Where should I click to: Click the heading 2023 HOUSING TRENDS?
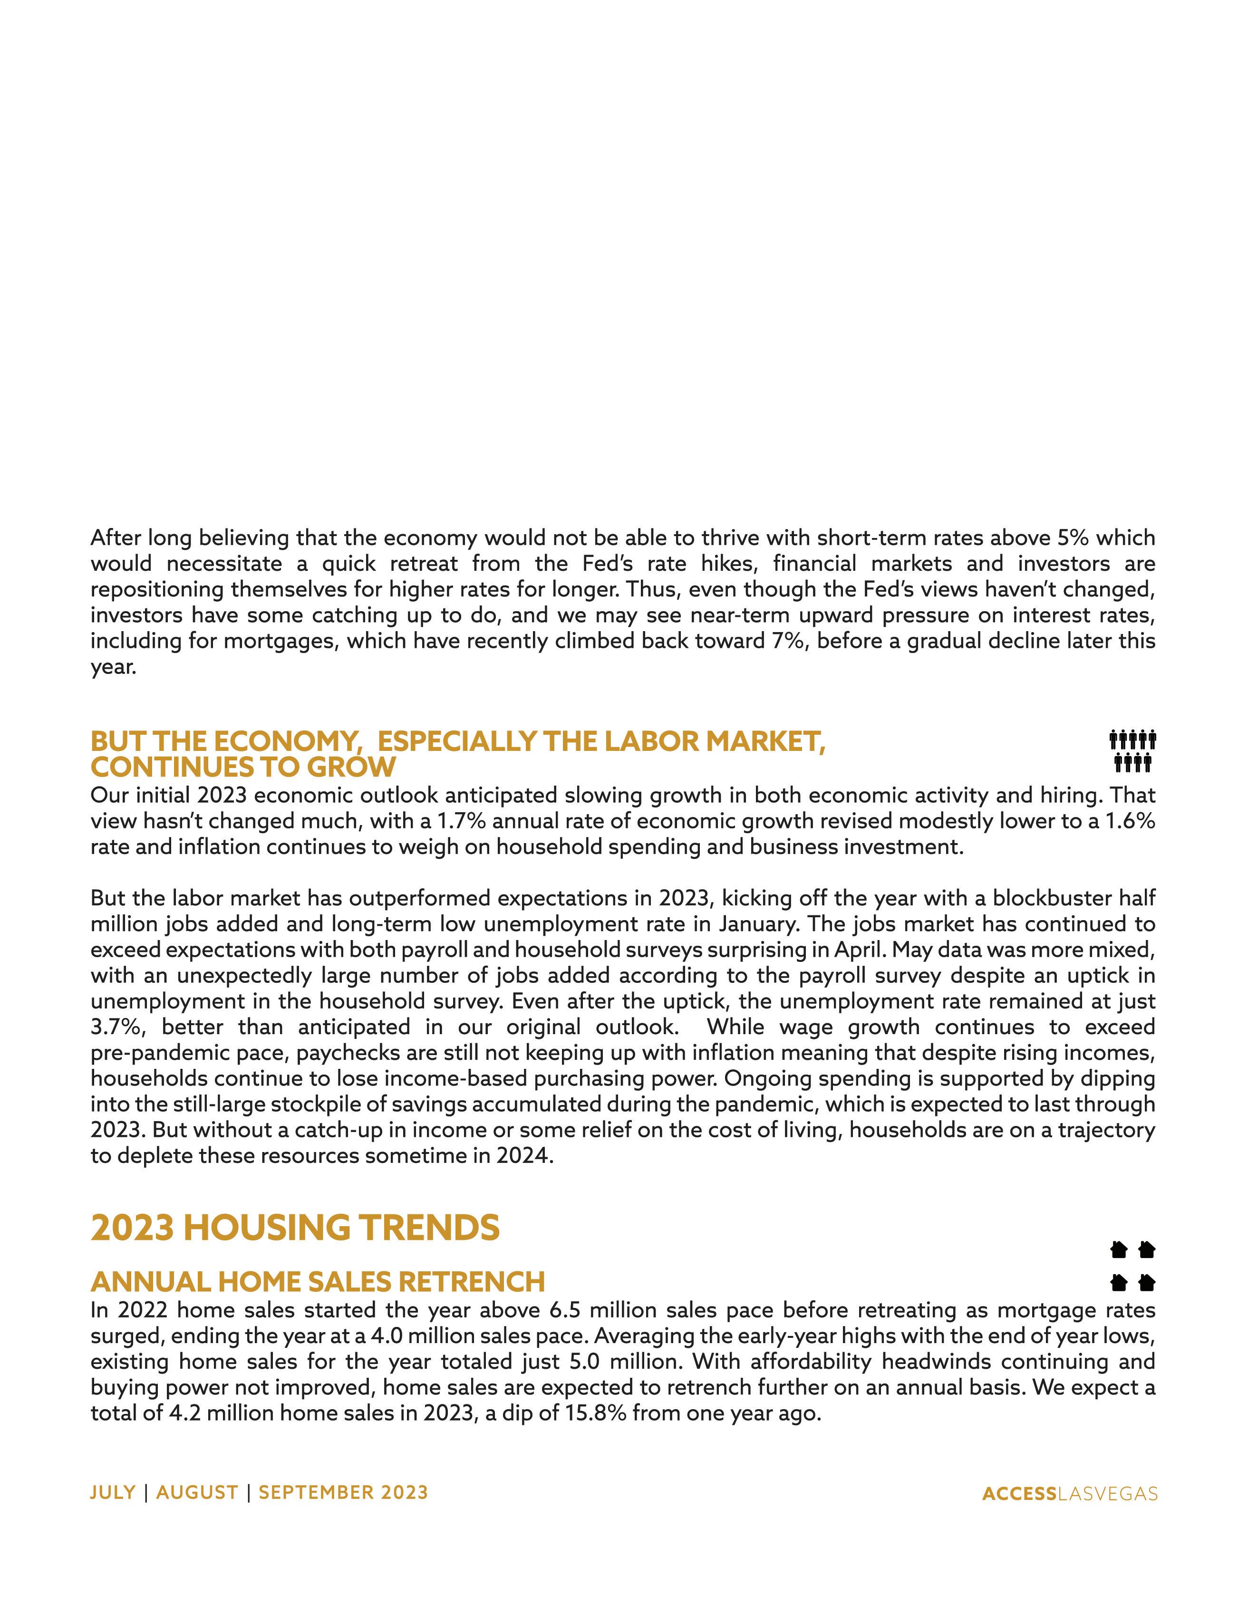tap(295, 1228)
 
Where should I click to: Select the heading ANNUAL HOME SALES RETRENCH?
tap(317, 1282)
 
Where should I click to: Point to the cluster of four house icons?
tap(1132, 1266)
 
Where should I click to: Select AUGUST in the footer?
tap(197, 1492)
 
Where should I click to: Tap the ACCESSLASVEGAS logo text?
tap(1070, 1494)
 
